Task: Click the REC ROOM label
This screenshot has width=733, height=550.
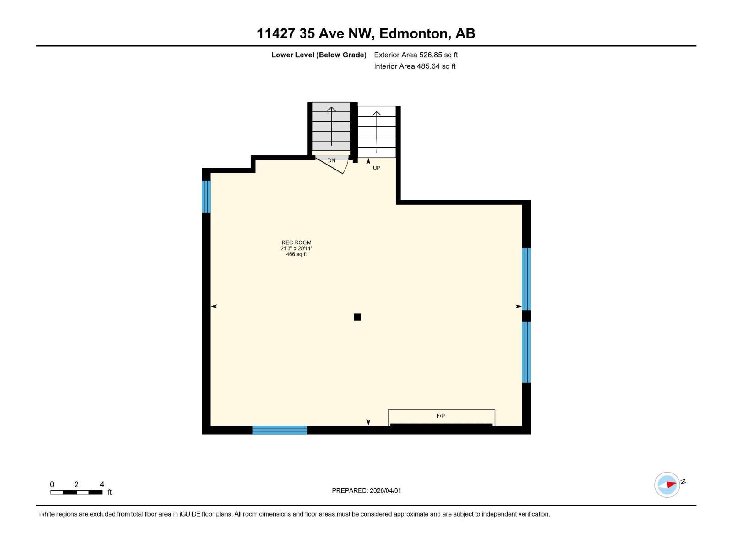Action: (x=296, y=242)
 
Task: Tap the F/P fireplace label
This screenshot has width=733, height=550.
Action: (x=440, y=416)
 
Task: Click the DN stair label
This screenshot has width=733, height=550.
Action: (x=331, y=160)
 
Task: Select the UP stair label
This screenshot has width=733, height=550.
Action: (x=377, y=168)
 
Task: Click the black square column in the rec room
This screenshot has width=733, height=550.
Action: (x=357, y=317)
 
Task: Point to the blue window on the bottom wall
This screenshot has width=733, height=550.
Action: (x=279, y=430)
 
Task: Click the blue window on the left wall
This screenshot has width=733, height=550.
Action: (x=207, y=196)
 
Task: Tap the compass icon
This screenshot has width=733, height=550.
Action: (x=667, y=484)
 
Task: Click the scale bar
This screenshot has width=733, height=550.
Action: (x=76, y=492)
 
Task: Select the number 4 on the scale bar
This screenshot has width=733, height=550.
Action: (x=102, y=484)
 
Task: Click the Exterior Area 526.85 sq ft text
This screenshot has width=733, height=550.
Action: (x=416, y=55)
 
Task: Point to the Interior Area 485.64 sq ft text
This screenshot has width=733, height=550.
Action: (x=415, y=66)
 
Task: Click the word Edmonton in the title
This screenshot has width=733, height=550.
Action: (x=414, y=33)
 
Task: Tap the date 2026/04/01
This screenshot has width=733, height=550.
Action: (x=385, y=490)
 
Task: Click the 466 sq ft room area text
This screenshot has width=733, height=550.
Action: (x=296, y=254)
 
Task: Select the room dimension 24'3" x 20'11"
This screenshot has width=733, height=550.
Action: (x=296, y=248)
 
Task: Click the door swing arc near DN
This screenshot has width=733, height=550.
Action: (x=345, y=168)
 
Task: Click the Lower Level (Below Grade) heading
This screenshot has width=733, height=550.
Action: (x=318, y=55)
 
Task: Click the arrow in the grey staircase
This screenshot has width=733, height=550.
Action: (x=331, y=126)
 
